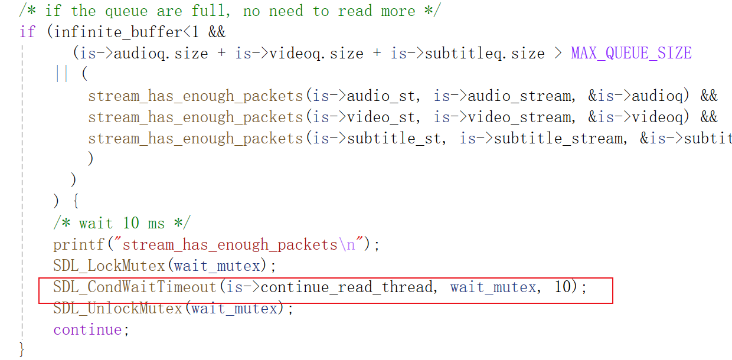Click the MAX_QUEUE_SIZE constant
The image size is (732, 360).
pyautogui.click(x=631, y=53)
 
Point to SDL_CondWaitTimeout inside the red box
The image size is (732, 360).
pyautogui.click(x=135, y=287)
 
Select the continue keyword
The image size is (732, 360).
pyautogui.click(x=88, y=329)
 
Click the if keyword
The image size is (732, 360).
pyautogui.click(x=27, y=31)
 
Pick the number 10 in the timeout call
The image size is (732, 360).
pyautogui.click(x=563, y=287)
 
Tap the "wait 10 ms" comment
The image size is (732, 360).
pyautogui.click(x=122, y=223)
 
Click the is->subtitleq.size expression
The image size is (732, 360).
pyautogui.click(x=467, y=53)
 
